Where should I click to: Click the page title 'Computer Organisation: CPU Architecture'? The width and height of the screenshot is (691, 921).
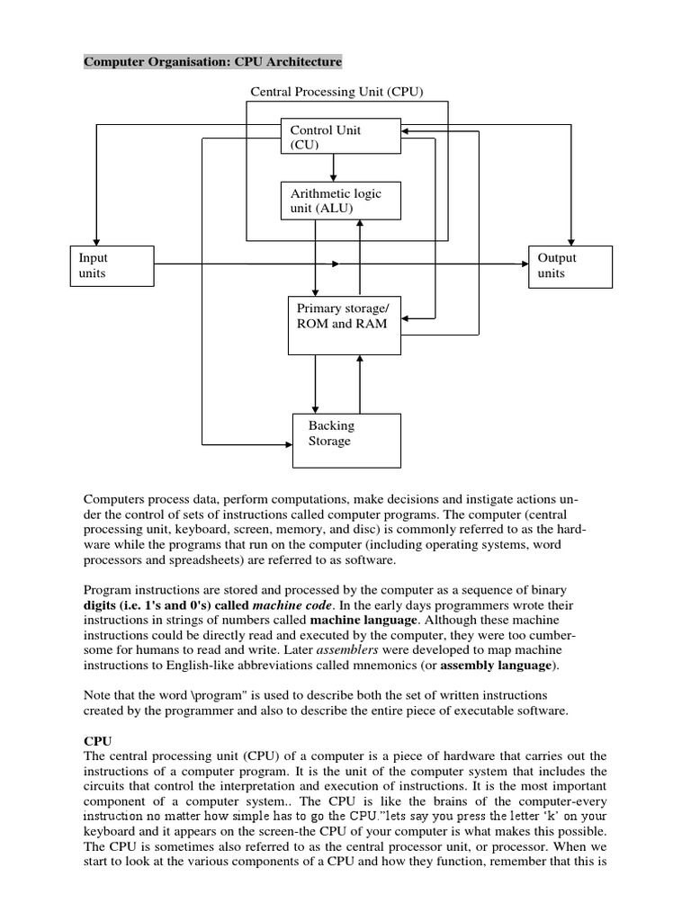click(x=212, y=62)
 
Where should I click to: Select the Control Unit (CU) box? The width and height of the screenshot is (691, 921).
click(x=334, y=137)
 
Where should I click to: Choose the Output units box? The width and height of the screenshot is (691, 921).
click(x=570, y=265)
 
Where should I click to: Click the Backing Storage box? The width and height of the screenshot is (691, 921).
click(x=346, y=440)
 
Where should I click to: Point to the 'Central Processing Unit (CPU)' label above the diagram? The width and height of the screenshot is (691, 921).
click(x=336, y=91)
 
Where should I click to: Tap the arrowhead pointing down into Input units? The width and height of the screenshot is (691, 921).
click(x=93, y=238)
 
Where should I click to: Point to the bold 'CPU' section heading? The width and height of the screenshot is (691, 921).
click(x=96, y=739)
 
